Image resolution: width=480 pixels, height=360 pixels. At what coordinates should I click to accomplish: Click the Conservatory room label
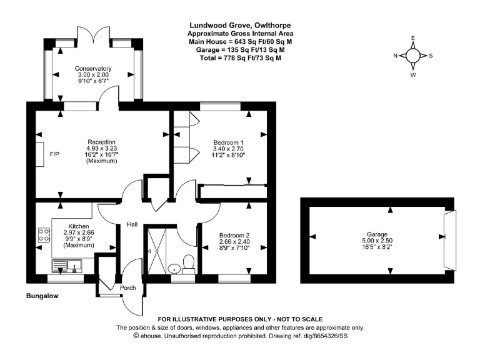93,68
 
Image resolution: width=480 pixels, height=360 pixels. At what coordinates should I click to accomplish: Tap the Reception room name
101,142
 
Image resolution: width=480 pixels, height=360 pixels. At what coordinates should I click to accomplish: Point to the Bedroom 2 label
234,235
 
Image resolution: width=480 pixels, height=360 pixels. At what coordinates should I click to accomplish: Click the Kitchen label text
79,226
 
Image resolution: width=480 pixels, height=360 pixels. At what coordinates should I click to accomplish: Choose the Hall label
132,224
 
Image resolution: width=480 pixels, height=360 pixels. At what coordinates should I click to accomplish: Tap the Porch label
127,287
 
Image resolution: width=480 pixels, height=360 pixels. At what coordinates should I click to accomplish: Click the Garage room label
377,234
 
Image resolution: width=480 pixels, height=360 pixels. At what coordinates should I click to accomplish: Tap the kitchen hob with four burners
44,236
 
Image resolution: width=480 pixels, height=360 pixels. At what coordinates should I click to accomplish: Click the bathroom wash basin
174,267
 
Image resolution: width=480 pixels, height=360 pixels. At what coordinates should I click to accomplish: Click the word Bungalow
43,296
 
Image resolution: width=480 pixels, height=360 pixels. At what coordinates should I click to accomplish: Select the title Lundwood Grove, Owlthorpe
239,26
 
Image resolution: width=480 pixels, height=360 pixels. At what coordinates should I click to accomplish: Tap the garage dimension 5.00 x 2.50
377,241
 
